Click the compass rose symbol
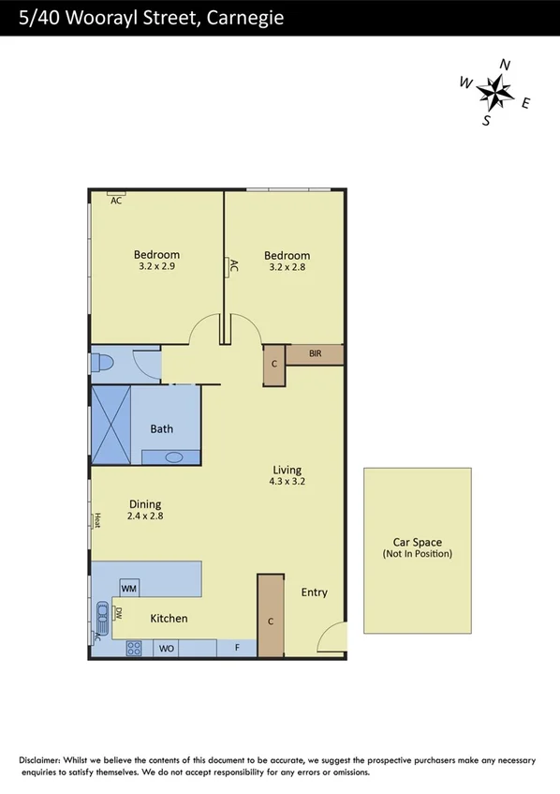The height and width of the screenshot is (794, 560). pos(495,91)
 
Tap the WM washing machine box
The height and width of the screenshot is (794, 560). pos(129,588)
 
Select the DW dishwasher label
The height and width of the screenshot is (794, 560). pos(119,614)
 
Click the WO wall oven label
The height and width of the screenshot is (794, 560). pos(167,648)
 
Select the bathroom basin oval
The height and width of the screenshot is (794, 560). pos(172,457)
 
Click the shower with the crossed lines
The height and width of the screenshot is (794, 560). pos(111,425)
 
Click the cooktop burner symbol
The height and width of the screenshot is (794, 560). pos(134,647)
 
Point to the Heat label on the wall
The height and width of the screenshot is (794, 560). pos(96,519)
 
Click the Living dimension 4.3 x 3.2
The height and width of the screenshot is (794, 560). pos(287,482)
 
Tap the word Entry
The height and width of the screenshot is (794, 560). pos(315,592)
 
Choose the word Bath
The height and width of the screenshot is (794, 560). pos(162,429)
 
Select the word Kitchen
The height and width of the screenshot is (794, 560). pos(169,619)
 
